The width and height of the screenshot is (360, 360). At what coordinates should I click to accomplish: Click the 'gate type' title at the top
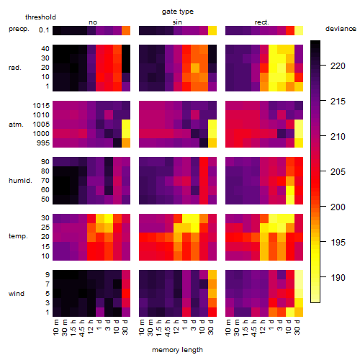(178, 12)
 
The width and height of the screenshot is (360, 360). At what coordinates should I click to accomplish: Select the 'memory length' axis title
(177, 350)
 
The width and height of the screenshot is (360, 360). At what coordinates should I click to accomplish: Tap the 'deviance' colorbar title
(341, 29)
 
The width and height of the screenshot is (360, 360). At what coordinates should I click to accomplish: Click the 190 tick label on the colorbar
(338, 277)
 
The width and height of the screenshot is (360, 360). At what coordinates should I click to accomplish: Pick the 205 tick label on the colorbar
(338, 171)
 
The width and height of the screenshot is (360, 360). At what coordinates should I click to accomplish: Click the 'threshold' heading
(40, 17)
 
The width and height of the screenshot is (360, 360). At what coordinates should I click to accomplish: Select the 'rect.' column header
(261, 22)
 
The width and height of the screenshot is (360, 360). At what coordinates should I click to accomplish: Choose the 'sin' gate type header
(177, 22)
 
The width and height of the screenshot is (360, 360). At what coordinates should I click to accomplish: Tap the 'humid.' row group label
(20, 181)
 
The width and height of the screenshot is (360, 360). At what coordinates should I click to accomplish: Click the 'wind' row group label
(17, 294)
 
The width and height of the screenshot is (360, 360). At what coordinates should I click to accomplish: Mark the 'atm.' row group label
(16, 125)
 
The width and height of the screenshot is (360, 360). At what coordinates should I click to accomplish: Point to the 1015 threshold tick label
(41, 106)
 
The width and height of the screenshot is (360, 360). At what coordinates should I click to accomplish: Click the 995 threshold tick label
(43, 143)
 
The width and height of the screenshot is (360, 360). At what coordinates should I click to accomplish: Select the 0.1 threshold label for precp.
(44, 30)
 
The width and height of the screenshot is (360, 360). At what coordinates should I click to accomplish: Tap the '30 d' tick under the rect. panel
(297, 327)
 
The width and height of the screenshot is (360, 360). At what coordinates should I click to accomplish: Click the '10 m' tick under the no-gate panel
(55, 327)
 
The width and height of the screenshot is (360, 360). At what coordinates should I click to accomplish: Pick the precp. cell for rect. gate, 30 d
(299, 30)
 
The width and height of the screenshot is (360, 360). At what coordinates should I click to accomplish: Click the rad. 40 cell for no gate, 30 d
(126, 49)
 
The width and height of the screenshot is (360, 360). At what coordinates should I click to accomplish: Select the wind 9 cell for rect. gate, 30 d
(299, 275)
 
